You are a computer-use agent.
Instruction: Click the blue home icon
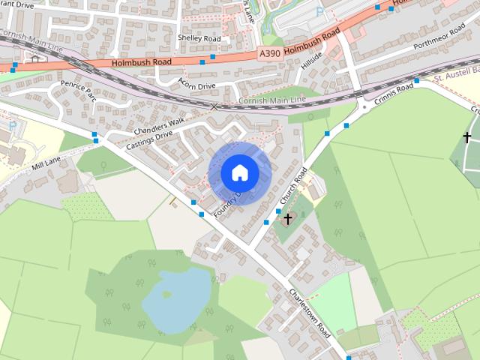(239, 173)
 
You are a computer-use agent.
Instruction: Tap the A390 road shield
(270, 53)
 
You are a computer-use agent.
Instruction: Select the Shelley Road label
(199, 38)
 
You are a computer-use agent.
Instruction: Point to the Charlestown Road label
(310, 313)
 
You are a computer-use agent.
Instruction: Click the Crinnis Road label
(394, 91)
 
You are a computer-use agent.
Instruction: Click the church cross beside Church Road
(288, 218)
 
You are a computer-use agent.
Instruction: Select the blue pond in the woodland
(176, 298)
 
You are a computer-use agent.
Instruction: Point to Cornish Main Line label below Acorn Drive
(272, 100)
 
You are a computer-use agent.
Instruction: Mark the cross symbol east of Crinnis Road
(467, 137)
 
